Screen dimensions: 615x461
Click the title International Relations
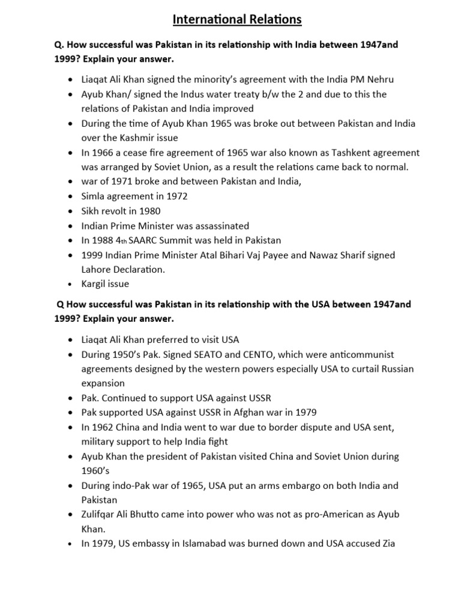(x=237, y=20)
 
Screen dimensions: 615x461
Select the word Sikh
(x=92, y=211)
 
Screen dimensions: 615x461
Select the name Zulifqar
(x=103, y=515)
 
